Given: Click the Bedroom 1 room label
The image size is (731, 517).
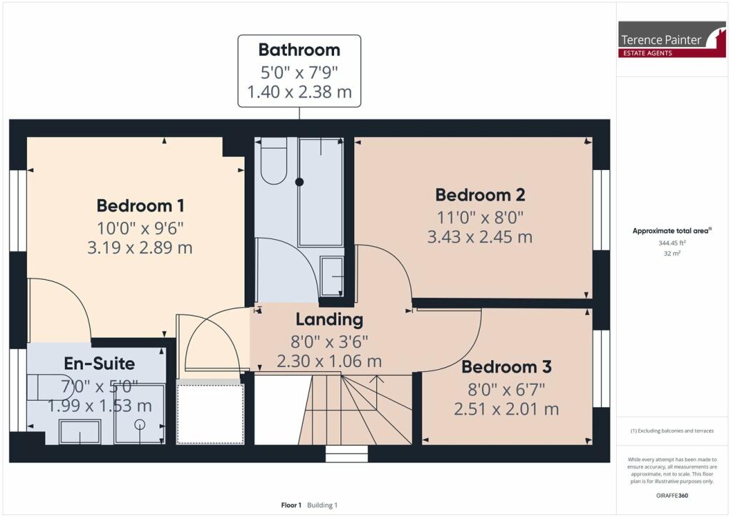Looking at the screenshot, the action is click(141, 206).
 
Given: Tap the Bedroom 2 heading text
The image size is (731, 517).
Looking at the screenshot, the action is click(480, 195).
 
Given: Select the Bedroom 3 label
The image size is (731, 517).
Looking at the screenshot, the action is click(507, 367).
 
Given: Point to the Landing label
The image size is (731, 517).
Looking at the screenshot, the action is click(330, 320).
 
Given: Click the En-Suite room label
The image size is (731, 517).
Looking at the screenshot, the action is click(99, 363).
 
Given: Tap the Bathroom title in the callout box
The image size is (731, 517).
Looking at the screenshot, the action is click(299, 50).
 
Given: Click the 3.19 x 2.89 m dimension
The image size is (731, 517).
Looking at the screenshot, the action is click(140, 248).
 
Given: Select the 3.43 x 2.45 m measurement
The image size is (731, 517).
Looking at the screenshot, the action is click(480, 237).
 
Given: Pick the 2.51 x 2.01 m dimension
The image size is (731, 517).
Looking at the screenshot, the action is click(507, 409).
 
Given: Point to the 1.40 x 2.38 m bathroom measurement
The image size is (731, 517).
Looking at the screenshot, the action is click(299, 92).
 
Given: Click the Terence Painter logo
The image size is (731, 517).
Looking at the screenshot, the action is click(672, 39).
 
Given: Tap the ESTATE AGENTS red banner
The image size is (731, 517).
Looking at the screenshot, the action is click(648, 53).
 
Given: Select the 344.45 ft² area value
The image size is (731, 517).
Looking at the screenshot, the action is click(672, 243).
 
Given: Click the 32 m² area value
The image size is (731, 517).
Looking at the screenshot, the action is click(672, 254).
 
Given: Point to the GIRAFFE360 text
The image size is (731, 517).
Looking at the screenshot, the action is click(672, 496).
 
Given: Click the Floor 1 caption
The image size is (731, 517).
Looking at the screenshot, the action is click(291, 505).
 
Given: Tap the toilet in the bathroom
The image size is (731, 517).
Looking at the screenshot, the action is click(273, 161).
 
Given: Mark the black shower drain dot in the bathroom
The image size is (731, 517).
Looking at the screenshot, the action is click(299, 182).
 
